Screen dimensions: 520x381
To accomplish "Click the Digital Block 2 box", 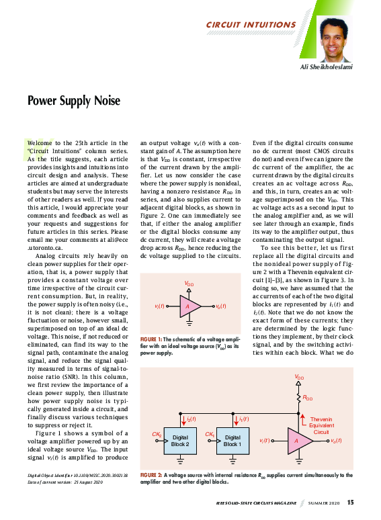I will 181,441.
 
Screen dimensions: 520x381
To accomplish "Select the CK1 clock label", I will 210,435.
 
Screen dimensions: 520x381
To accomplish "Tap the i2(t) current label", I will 192,419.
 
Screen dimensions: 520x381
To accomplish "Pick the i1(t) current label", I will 244,419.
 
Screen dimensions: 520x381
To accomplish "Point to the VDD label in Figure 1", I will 189,285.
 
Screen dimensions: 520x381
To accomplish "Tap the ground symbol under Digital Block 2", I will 181,462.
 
